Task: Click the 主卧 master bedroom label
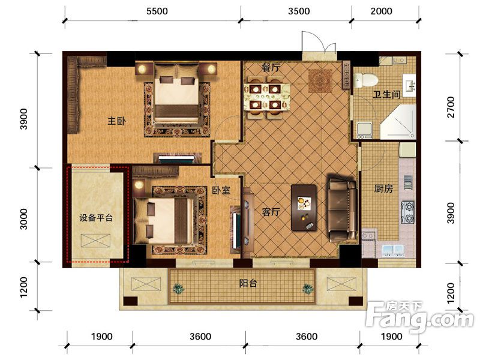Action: pyautogui.click(x=116, y=121)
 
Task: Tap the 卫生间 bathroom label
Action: pyautogui.click(x=386, y=95)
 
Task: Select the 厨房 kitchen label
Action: pyautogui.click(x=383, y=188)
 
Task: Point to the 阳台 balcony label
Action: pyautogui.click(x=248, y=283)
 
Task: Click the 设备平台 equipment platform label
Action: pyautogui.click(x=96, y=218)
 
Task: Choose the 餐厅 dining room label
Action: pyautogui.click(x=271, y=67)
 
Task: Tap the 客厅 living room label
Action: pyautogui.click(x=271, y=212)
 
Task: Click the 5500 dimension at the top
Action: pyautogui.click(x=157, y=11)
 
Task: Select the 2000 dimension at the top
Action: pyautogui.click(x=381, y=11)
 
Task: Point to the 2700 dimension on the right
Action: pyautogui.click(x=451, y=107)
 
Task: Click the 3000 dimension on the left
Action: pyautogui.click(x=23, y=219)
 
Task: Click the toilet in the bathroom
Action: pyautogui.click(x=365, y=80)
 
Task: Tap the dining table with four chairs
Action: pyautogui.click(x=266, y=97)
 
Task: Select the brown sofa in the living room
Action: pyautogui.click(x=342, y=208)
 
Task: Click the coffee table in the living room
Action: pyautogui.click(x=304, y=207)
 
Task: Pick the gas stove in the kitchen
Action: pyautogui.click(x=408, y=212)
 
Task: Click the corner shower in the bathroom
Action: pyautogui.click(x=398, y=122)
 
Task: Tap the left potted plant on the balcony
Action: pyautogui.click(x=178, y=289)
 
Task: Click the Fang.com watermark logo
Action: pyautogui.click(x=419, y=316)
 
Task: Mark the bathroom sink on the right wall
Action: pyautogui.click(x=410, y=86)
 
